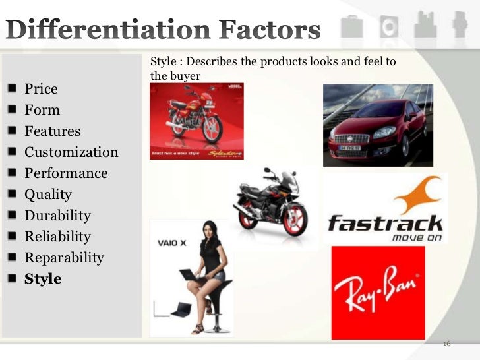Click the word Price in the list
(41, 89)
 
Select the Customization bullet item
(71, 152)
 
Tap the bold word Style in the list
(43, 279)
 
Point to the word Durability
(57, 216)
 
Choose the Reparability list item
(64, 258)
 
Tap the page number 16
(446, 344)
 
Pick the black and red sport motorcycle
(270, 200)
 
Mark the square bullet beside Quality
(13, 195)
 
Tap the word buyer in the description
(185, 76)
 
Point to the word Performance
(66, 173)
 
